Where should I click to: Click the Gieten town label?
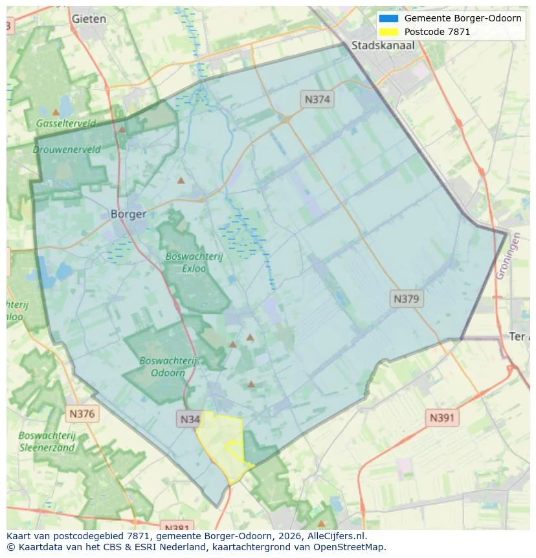tap(89, 19)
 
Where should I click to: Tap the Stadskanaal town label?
tap(383, 45)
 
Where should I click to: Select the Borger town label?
tap(128, 214)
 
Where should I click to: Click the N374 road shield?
tap(317, 99)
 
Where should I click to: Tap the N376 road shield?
tap(82, 413)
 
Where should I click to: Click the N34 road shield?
tap(190, 419)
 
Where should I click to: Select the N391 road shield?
tap(442, 418)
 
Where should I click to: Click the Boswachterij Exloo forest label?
tap(194, 262)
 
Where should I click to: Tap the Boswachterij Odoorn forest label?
tap(168, 367)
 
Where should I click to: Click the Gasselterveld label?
tap(66, 123)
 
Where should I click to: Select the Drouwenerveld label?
tap(67, 150)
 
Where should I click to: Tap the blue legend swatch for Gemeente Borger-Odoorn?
tap(388, 19)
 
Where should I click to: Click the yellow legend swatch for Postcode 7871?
tap(388, 32)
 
